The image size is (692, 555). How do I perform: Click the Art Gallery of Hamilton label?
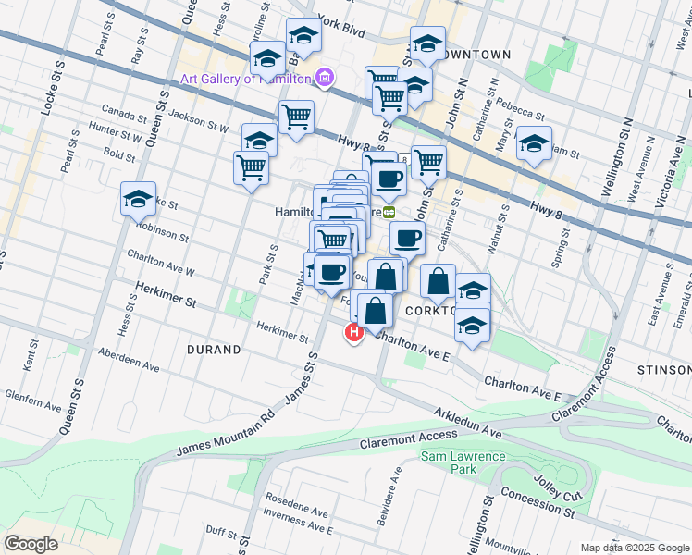coord(245,79)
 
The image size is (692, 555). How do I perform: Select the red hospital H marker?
coord(353,333)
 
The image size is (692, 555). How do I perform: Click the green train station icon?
coord(389,212)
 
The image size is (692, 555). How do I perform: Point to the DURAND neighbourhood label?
coord(214,351)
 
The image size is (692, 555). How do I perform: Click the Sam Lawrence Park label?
coord(463,462)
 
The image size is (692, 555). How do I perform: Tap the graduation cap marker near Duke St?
coord(138,198)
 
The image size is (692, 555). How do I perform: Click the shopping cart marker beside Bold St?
coord(252,168)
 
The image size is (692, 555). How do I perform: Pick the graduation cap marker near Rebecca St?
coord(534,143)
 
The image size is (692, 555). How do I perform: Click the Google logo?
coord(31,544)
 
